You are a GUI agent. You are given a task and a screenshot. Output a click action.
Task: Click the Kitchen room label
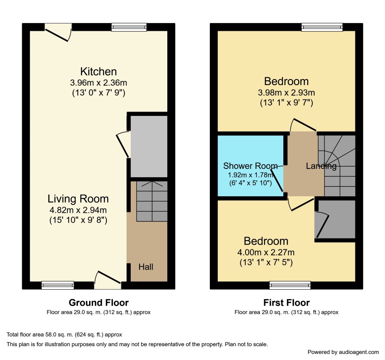pos(99,72)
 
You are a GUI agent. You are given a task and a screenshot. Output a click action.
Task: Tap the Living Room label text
pos(78,199)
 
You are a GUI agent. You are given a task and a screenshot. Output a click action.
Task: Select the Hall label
pos(146,267)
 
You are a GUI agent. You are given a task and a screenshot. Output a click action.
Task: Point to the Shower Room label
pos(250,166)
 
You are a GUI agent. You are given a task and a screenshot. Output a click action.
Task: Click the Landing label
pos(321,166)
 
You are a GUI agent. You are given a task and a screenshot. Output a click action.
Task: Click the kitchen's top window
pos(129,27)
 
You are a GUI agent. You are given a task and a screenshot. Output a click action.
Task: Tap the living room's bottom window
pos(58,285)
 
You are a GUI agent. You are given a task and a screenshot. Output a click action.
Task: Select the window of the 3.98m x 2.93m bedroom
pos(322,27)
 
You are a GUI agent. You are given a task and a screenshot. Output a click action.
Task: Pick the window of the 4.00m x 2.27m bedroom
pos(290,285)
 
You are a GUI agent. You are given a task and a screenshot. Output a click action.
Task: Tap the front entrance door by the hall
pos(108,280)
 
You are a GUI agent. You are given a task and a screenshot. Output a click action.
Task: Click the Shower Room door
pos(278,178)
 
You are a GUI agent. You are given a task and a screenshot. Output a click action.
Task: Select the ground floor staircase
pos(152,201)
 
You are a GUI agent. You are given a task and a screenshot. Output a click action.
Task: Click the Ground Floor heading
pos(99,303)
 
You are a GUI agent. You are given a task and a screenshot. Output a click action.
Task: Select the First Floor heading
pos(286,303)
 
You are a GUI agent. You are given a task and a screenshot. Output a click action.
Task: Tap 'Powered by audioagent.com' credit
pos(343,352)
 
